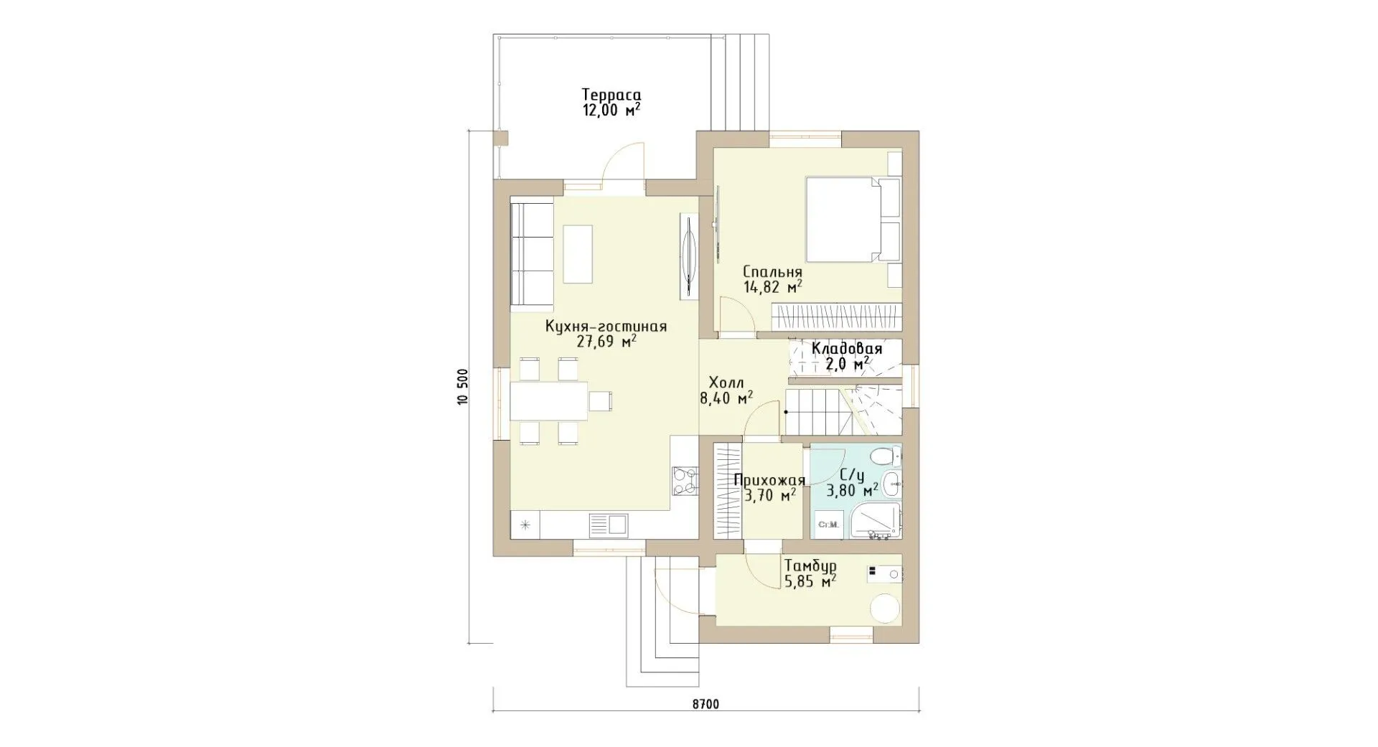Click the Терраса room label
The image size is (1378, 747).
click(611, 95)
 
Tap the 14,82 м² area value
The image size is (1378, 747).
click(772, 288)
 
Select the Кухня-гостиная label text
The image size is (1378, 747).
click(606, 326)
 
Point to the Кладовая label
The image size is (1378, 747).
click(846, 349)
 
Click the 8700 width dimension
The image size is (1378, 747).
click(706, 704)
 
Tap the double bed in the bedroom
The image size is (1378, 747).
click(845, 220)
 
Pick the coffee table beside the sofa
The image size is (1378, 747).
click(578, 255)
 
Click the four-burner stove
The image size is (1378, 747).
click(182, 481)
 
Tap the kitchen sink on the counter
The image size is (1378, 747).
click(609, 525)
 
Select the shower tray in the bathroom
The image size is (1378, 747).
click(874, 520)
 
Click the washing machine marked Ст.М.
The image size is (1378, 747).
click(829, 525)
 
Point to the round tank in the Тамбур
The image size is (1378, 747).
click(885, 609)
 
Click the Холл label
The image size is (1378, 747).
click(726, 382)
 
